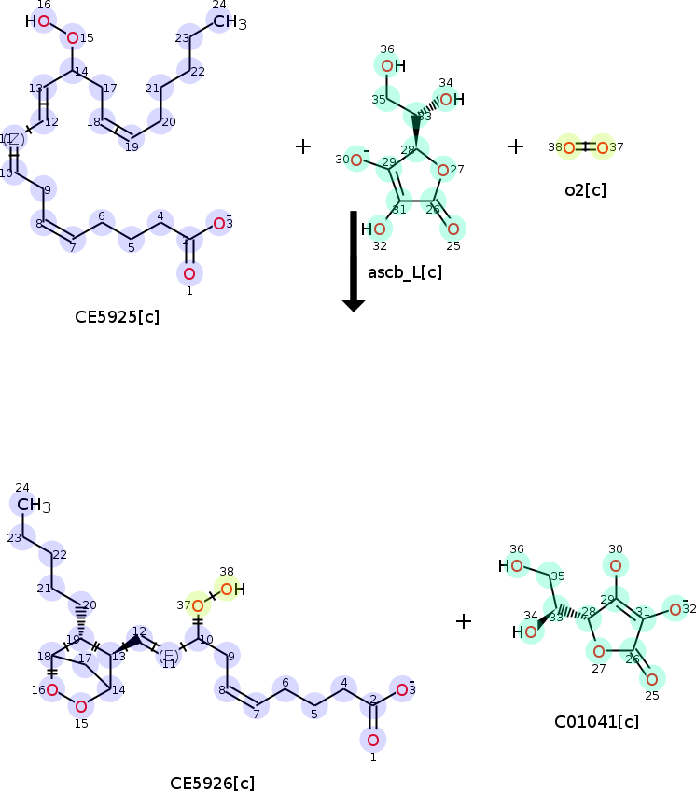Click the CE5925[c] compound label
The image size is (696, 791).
click(117, 316)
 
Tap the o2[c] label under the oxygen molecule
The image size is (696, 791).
click(585, 190)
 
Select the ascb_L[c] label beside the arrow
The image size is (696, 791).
click(405, 272)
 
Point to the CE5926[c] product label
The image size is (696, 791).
click(212, 783)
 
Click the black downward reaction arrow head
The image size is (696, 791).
click(354, 302)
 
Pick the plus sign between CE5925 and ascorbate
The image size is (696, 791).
click(303, 146)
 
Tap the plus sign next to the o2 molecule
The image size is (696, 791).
click(516, 146)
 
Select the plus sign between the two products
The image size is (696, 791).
click(464, 620)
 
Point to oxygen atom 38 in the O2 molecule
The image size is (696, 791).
click(568, 147)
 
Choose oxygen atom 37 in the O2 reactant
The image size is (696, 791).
click(603, 147)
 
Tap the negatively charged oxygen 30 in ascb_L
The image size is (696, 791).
click(356, 159)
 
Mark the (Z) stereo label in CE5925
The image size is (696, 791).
click(14, 138)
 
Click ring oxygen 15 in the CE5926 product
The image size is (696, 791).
click(81, 706)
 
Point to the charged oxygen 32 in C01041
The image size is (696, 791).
click(675, 609)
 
